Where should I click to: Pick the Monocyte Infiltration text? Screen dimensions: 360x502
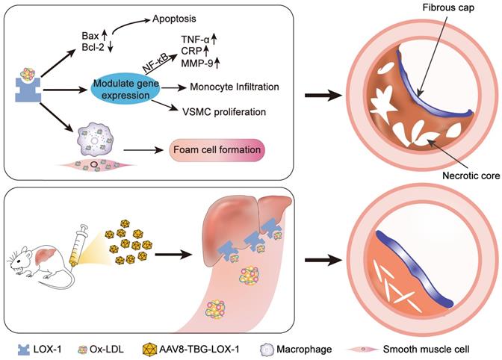point(231,87)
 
